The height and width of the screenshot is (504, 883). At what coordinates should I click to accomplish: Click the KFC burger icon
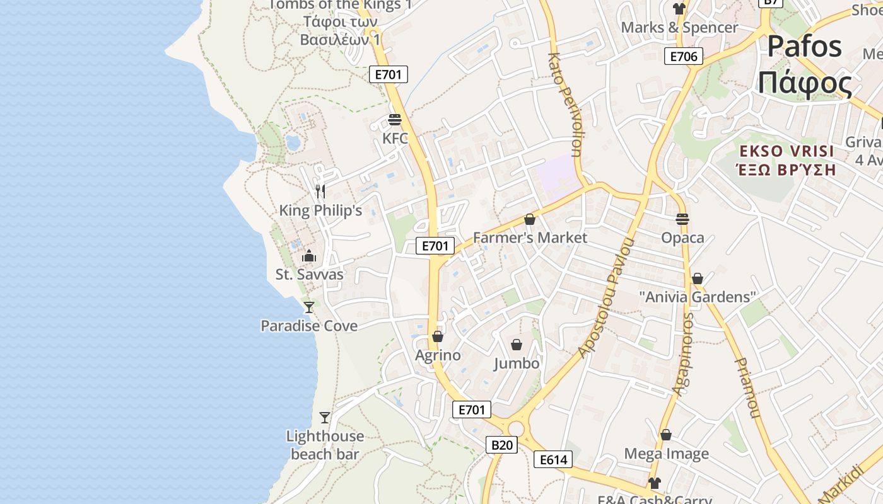coord(395,120)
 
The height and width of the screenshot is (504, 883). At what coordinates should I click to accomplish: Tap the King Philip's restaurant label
coord(320,210)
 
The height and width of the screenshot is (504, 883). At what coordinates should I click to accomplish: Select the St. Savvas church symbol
coord(309,256)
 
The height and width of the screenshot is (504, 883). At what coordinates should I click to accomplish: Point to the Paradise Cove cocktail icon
coord(308,307)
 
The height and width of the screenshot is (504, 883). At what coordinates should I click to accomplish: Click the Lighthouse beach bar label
coord(325,445)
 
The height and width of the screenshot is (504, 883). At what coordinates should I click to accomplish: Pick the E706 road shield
coord(684,57)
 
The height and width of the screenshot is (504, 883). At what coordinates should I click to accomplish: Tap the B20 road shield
coord(502,445)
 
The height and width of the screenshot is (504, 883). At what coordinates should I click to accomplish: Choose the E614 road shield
coord(553,460)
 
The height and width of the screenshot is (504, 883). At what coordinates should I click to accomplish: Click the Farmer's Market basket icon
coord(530,219)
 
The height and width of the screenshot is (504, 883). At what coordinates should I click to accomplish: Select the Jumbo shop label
coord(517,364)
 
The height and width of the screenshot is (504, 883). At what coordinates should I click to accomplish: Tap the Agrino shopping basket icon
coord(438,336)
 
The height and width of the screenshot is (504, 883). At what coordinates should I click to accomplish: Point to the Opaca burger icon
coord(682,219)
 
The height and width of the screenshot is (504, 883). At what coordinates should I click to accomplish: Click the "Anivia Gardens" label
coord(697,297)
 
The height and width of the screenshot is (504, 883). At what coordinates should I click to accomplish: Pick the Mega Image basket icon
coord(666,435)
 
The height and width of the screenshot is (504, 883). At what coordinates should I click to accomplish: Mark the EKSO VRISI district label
coord(786,151)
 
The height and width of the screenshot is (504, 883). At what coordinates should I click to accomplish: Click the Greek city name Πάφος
coord(805,83)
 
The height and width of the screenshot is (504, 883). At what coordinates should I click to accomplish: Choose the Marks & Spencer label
coord(679,28)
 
